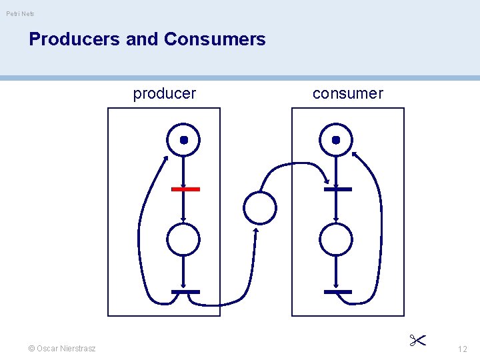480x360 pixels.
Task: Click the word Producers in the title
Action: click(x=75, y=39)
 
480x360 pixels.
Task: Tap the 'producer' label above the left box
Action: click(x=165, y=93)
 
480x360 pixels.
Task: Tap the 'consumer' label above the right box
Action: click(x=348, y=93)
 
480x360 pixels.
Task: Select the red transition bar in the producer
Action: click(x=185, y=189)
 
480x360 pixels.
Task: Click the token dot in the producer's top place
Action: click(x=184, y=140)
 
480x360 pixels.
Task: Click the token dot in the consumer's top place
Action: click(x=336, y=140)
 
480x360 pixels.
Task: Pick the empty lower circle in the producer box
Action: click(x=183, y=239)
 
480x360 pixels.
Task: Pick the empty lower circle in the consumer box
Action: click(x=336, y=239)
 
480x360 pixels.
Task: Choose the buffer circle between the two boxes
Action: click(x=260, y=207)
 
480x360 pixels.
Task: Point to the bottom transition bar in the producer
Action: click(x=185, y=292)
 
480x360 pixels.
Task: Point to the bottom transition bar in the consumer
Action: click(x=337, y=292)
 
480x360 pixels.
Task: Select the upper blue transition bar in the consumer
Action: click(x=337, y=189)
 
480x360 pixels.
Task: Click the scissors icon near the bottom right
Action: click(x=418, y=341)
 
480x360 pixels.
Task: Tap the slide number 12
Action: click(x=463, y=349)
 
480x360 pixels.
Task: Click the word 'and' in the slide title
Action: click(x=141, y=39)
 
